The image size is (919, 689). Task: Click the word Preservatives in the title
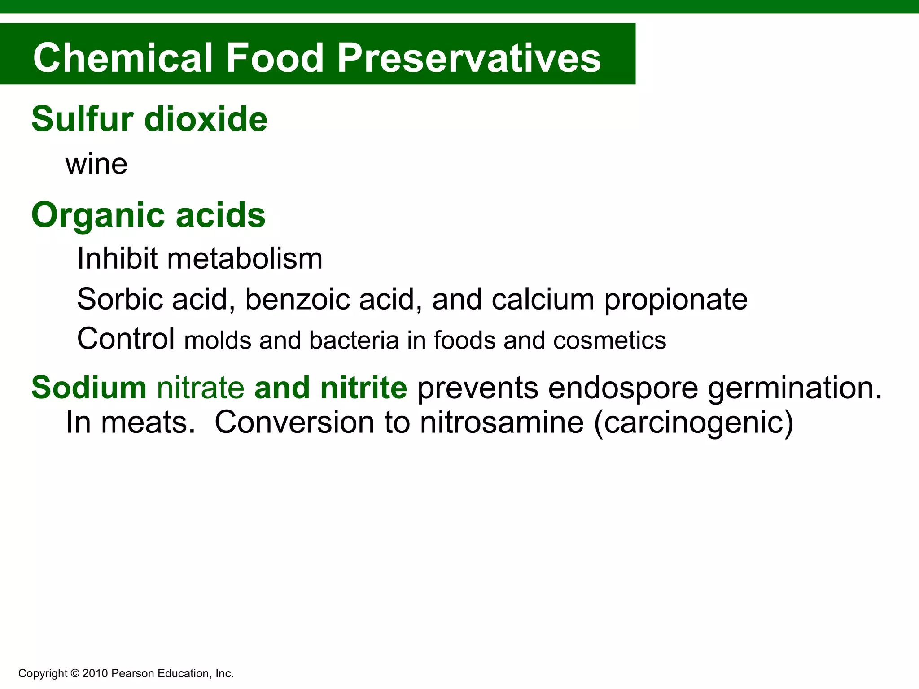tap(469, 58)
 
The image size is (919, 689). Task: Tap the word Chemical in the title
tap(123, 58)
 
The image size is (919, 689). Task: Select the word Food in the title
tap(275, 58)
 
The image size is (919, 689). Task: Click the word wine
tap(96, 164)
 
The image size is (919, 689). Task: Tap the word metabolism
tap(245, 259)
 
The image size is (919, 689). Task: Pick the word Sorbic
tap(119, 299)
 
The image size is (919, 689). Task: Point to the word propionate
tap(676, 300)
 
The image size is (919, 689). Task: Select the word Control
tap(126, 339)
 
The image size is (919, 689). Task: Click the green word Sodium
tap(89, 388)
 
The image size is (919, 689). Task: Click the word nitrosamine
tap(502, 423)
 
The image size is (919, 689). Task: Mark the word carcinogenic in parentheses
tap(693, 423)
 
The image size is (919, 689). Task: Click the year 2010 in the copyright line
tap(95, 673)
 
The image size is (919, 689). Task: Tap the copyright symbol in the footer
tap(75, 673)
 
